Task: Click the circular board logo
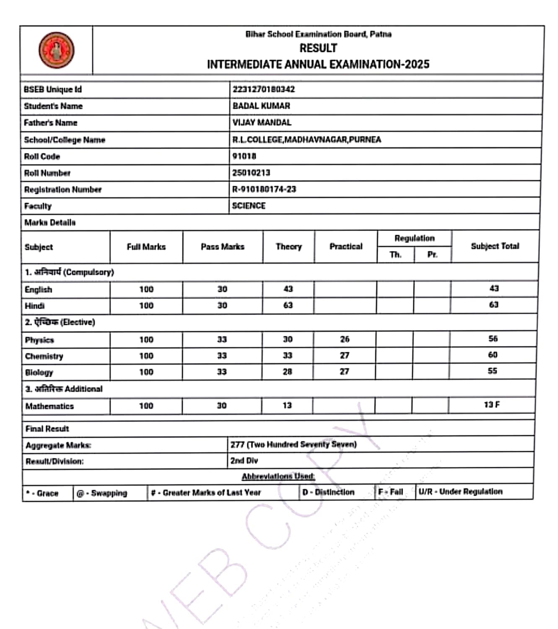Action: point(57,50)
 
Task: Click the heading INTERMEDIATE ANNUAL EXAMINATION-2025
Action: point(318,64)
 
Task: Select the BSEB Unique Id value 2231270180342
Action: point(264,89)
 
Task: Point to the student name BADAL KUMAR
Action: point(261,106)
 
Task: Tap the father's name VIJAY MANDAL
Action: point(262,122)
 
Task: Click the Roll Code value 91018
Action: point(244,156)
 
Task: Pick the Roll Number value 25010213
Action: point(251,173)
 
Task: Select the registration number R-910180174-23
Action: point(264,189)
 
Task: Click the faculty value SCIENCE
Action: point(249,206)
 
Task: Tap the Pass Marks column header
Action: point(222,247)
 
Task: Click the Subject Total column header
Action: point(495,246)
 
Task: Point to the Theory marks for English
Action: point(288,289)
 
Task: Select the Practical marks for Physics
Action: point(345,339)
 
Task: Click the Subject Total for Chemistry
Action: point(493,355)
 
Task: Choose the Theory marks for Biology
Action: point(287,372)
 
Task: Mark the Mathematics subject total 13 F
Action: point(492,405)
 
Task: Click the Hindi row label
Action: point(34,306)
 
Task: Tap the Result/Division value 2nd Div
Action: point(244,460)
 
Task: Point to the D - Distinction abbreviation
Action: point(328,492)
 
